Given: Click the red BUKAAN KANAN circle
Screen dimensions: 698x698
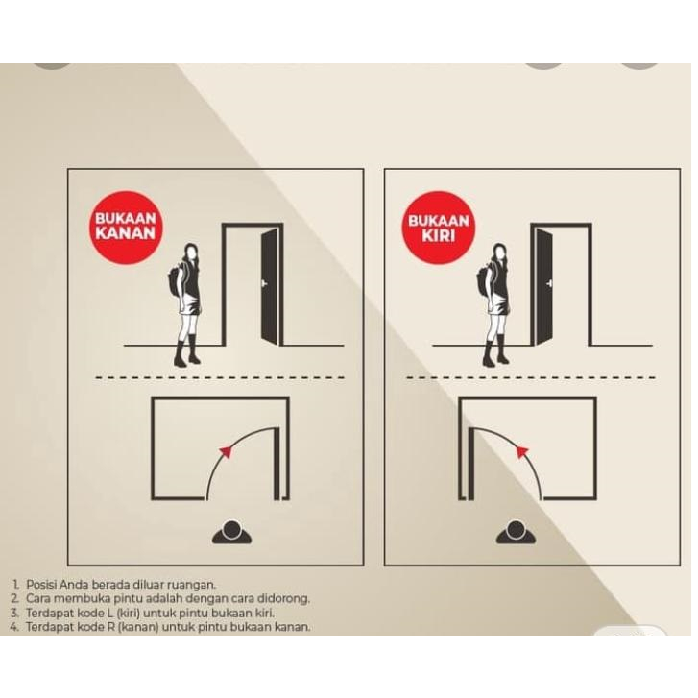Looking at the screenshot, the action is [x=126, y=228].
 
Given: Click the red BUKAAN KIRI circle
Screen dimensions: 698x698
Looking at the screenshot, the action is [x=439, y=228].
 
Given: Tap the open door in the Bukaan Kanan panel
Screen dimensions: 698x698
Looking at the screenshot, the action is [x=270, y=287].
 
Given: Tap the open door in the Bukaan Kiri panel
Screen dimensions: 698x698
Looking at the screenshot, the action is [x=544, y=287].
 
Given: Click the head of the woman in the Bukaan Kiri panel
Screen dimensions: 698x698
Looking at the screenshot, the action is [x=500, y=253].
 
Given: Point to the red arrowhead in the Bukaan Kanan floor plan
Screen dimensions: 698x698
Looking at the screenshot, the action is [x=226, y=452].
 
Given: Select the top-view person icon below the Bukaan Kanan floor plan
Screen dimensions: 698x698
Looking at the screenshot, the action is [x=231, y=533].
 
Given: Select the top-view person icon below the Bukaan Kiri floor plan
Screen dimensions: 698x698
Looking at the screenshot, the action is [x=516, y=533].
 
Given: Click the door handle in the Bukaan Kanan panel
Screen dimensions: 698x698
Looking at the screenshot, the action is [x=264, y=283].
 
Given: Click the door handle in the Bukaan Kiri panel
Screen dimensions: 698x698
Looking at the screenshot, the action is [x=550, y=283].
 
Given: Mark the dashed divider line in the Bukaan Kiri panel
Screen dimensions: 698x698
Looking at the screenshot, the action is [x=531, y=378].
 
